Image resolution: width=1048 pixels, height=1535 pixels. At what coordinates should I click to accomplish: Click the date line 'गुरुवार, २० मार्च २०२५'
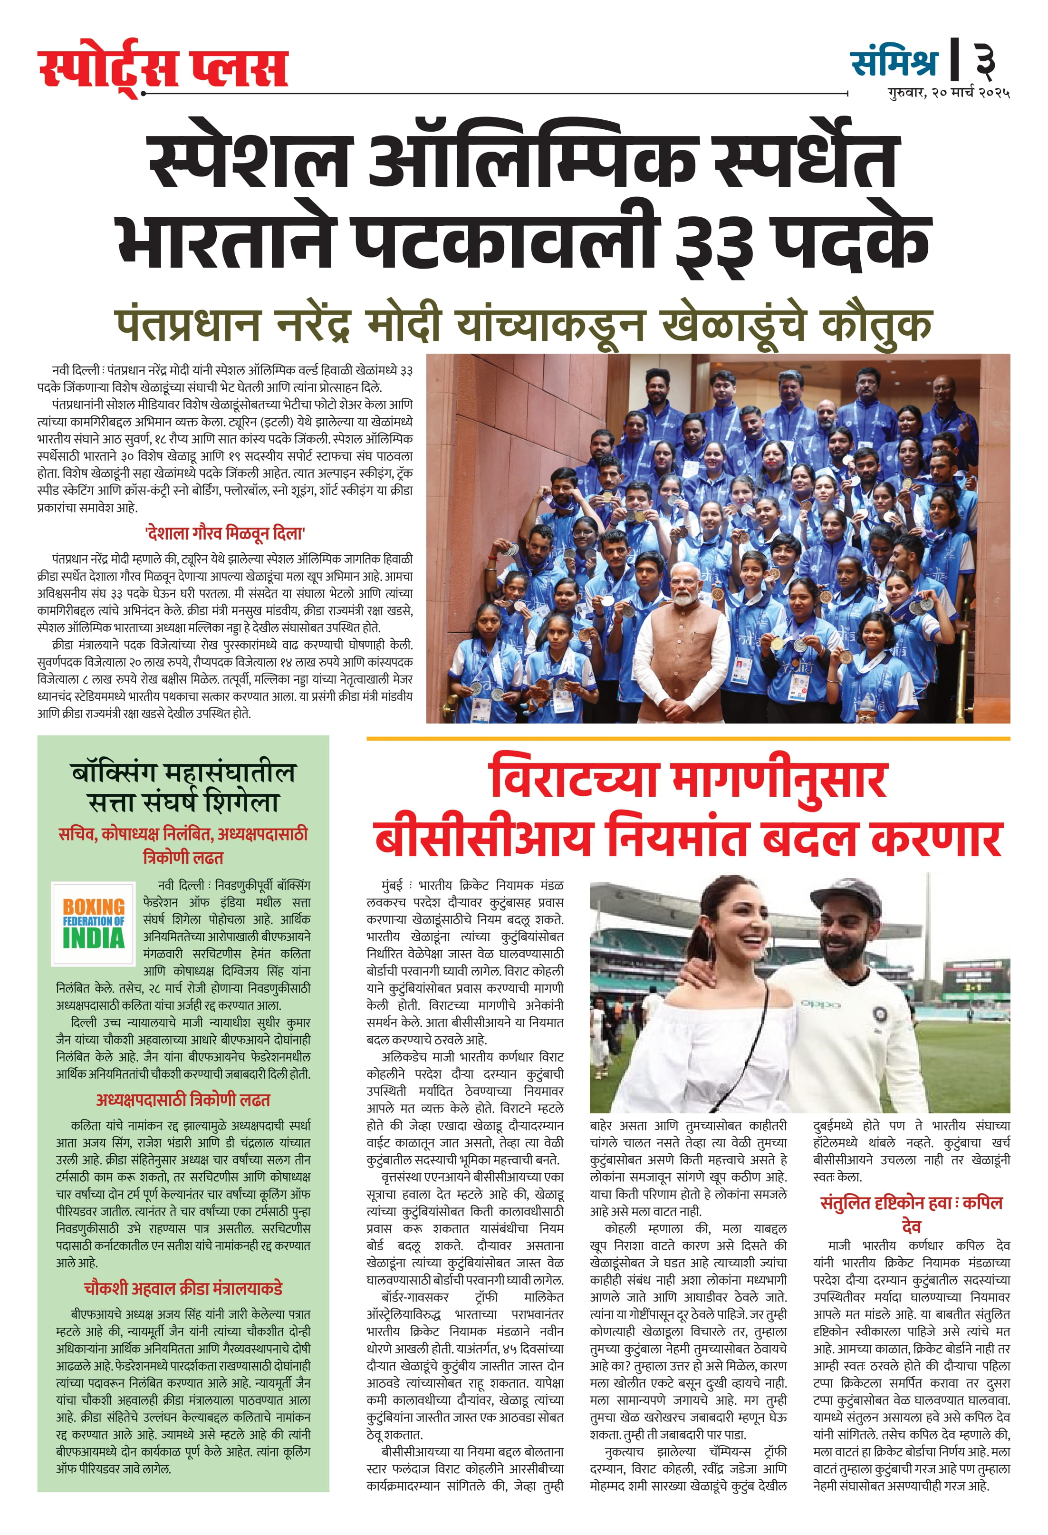tap(948, 93)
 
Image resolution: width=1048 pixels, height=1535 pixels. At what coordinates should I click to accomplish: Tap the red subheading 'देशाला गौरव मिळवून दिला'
tap(224, 532)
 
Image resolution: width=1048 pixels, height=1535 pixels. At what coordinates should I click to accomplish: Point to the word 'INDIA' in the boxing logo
tap(94, 938)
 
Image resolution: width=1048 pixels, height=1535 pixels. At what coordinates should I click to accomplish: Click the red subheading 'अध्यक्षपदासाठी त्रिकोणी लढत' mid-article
tap(183, 1100)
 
